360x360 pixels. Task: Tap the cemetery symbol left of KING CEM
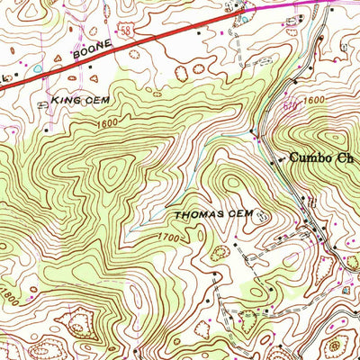[41, 105]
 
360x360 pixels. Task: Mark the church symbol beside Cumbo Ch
[279, 159]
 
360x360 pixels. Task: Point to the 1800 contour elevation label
[9, 294]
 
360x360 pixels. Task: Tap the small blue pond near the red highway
[38, 67]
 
